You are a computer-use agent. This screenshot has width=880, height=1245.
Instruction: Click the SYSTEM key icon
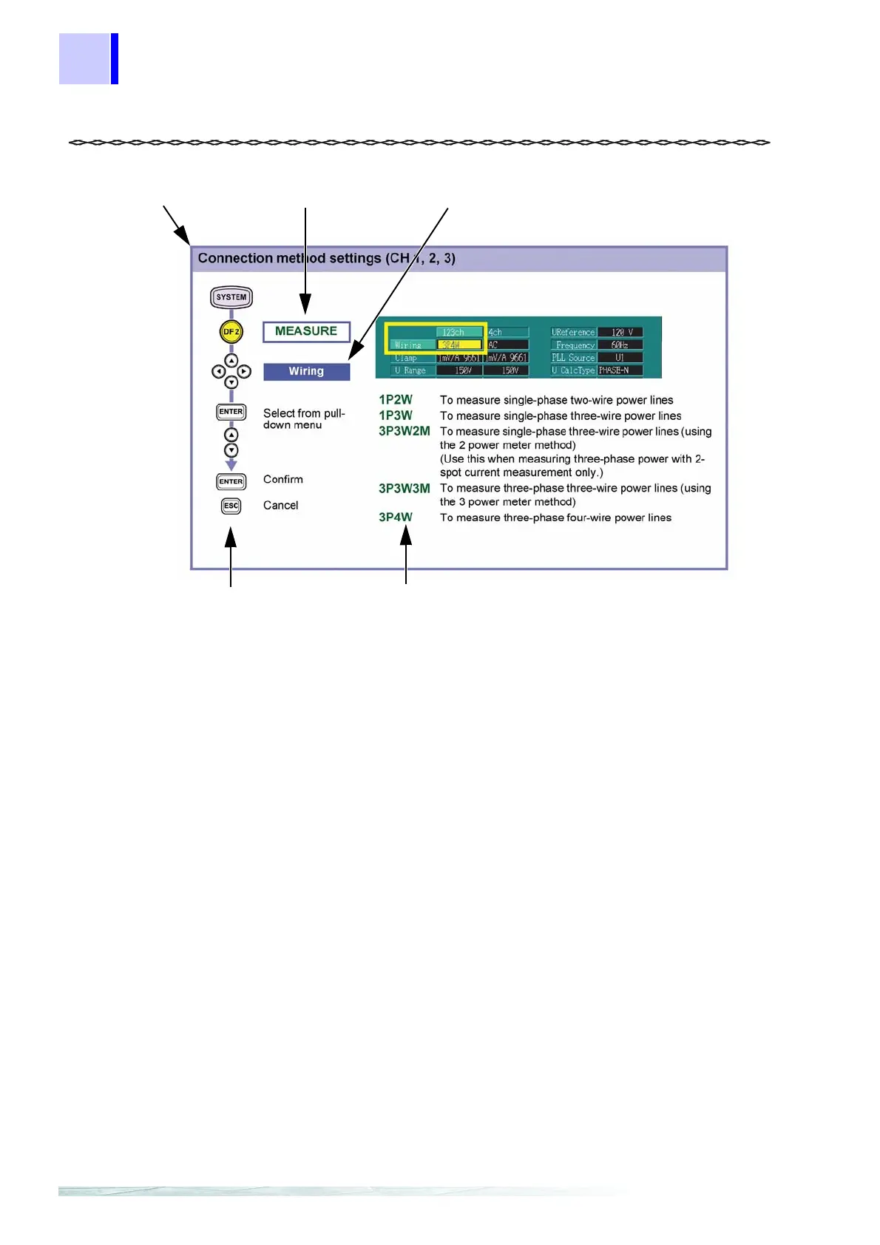[231, 297]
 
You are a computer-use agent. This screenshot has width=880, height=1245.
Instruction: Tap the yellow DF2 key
[231, 332]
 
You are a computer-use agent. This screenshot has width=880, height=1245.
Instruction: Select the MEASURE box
[306, 332]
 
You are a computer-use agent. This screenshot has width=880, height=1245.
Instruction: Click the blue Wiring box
[306, 371]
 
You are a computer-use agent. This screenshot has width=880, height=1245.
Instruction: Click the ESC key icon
[231, 506]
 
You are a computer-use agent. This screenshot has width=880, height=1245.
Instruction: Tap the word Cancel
[281, 506]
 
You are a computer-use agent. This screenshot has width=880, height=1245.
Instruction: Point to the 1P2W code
[396, 400]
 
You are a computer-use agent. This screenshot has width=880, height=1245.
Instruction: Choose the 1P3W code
[396, 415]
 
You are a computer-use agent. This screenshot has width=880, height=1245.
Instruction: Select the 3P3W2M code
[404, 431]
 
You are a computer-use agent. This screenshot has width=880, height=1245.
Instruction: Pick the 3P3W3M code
[404, 488]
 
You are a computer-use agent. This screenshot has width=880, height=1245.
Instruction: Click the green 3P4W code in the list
[396, 518]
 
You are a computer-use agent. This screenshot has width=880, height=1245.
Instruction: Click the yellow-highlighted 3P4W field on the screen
[459, 345]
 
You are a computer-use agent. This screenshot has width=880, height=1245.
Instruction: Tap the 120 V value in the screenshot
[620, 333]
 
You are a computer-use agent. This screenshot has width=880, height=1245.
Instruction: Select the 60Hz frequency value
[620, 345]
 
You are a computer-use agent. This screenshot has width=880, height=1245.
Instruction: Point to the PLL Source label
[573, 358]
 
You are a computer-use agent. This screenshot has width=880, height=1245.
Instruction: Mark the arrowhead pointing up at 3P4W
[406, 537]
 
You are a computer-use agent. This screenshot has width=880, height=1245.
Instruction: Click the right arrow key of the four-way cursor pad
[244, 372]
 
